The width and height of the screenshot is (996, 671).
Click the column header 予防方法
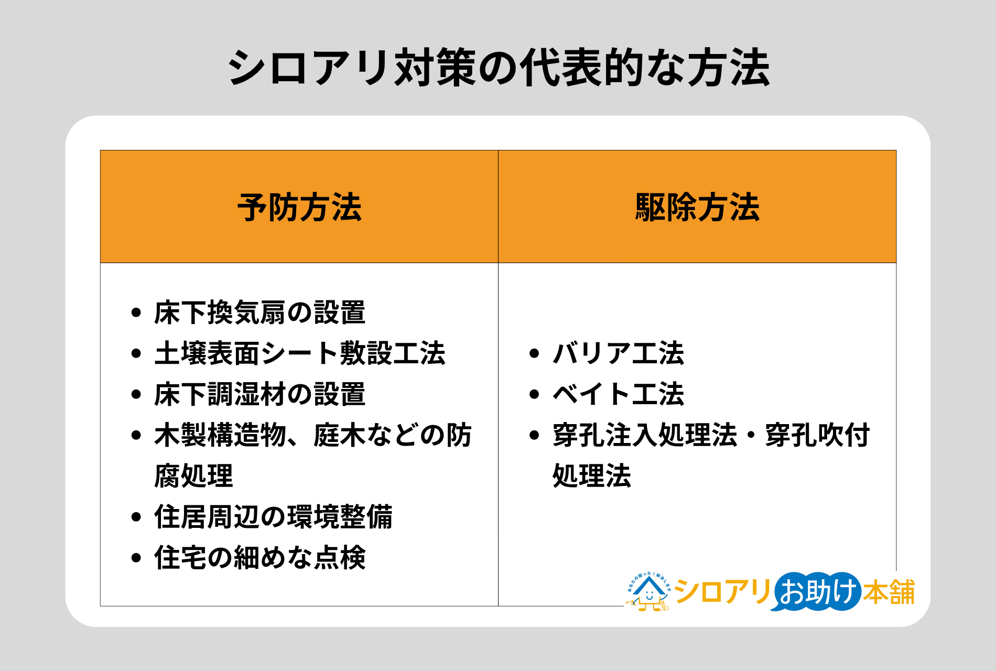pyautogui.click(x=299, y=208)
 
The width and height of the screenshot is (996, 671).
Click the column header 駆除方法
pyautogui.click(x=697, y=208)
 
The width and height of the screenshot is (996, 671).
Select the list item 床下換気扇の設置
pyautogui.click(x=259, y=312)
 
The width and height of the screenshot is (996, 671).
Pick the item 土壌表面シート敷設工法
pyautogui.click(x=299, y=353)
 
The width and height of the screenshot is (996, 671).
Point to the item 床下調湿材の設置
pyautogui.click(x=259, y=394)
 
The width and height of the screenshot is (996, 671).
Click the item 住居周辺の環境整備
pyautogui.click(x=273, y=517)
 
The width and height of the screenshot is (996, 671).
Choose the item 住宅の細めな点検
pyautogui.click(x=259, y=557)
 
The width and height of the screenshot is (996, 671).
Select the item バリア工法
pyautogui.click(x=619, y=353)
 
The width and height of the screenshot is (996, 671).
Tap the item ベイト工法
pyautogui.click(x=619, y=394)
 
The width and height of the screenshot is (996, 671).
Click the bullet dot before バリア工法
pyautogui.click(x=534, y=353)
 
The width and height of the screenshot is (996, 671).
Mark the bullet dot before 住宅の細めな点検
pyautogui.click(x=136, y=558)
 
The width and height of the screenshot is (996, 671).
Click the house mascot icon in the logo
pyautogui.click(x=648, y=592)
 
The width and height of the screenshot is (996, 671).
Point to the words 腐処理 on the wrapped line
pyautogui.click(x=193, y=476)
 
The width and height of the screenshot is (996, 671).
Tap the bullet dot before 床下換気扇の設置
pyautogui.click(x=136, y=313)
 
